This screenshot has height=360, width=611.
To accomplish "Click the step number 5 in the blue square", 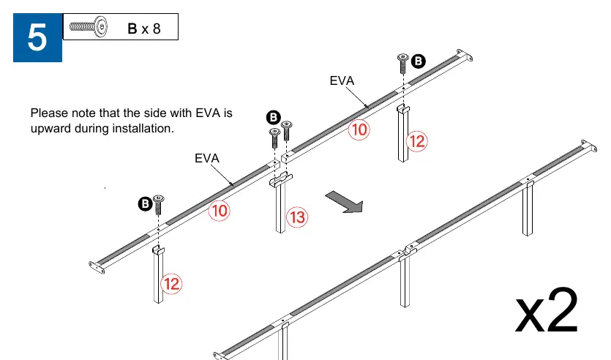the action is (37, 37).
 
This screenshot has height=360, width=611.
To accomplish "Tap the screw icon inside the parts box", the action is (89, 26).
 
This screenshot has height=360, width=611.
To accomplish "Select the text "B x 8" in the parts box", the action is (144, 29).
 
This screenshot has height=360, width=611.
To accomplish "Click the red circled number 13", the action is (297, 217).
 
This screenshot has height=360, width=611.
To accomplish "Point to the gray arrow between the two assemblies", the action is (345, 202).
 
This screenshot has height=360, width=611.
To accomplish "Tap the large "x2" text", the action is (547, 310).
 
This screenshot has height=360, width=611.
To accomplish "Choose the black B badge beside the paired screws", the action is (274, 117).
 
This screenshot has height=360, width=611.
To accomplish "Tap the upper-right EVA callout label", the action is (342, 80).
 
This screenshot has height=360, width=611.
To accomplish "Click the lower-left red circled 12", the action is (171, 284).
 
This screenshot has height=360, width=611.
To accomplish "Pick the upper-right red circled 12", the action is (416, 141).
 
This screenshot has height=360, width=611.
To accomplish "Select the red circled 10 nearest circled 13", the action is (219, 211).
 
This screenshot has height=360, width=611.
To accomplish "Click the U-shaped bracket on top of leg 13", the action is (280, 179).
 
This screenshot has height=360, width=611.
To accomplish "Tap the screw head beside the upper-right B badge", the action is (403, 58).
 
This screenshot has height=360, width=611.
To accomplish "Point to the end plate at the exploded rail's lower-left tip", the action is (97, 267).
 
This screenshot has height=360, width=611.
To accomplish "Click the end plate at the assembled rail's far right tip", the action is (589, 146).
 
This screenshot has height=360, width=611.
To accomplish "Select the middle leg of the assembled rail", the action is (405, 280).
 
